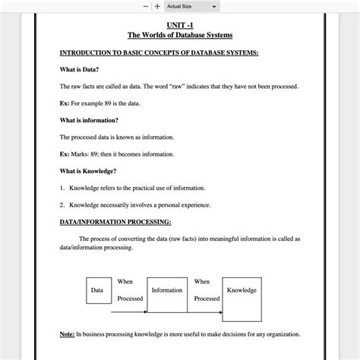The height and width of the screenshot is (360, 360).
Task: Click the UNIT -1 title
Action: click(180, 26)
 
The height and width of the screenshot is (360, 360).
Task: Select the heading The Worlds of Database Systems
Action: click(180, 35)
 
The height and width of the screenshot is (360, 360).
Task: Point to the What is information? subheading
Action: click(89, 120)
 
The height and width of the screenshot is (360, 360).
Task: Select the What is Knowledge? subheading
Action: click(87, 171)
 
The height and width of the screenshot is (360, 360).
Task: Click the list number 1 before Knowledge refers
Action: click(61, 188)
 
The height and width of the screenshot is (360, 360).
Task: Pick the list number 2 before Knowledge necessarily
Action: click(61, 204)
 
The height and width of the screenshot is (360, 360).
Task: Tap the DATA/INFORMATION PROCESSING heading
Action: click(115, 222)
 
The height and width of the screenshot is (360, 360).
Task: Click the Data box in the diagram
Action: click(97, 290)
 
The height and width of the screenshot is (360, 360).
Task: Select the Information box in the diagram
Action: click(166, 290)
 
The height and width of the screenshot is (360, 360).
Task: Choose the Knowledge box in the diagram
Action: click(242, 290)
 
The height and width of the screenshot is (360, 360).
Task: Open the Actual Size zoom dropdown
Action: click(191, 6)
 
